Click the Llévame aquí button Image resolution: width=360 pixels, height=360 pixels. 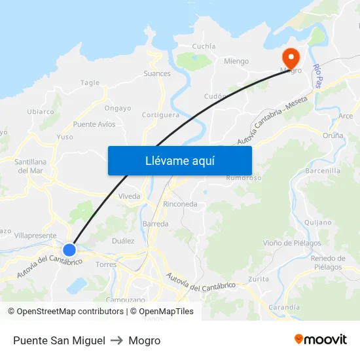[x=179, y=160]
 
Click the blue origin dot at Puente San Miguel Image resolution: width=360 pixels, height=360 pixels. [x=69, y=249]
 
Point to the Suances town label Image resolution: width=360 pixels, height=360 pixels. [x=157, y=73]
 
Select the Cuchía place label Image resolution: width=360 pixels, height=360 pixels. [x=204, y=46]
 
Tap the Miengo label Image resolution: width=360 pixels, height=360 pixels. [x=236, y=62]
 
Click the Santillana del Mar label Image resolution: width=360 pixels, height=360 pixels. [x=30, y=166]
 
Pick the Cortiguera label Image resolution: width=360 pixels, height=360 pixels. [x=160, y=115]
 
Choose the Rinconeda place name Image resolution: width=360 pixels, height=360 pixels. [x=180, y=204]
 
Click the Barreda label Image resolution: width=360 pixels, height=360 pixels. [x=155, y=224]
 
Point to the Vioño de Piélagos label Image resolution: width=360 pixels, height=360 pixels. [x=292, y=243]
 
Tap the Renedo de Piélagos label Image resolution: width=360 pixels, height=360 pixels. [x=328, y=262]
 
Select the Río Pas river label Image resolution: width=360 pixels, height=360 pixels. [x=317, y=76]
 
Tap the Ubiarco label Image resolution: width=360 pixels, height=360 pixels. [x=41, y=111]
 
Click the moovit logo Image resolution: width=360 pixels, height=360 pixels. [x=320, y=340]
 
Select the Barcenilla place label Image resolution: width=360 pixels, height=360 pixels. [x=323, y=171]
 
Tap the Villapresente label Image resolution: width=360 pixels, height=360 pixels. [x=35, y=235]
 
